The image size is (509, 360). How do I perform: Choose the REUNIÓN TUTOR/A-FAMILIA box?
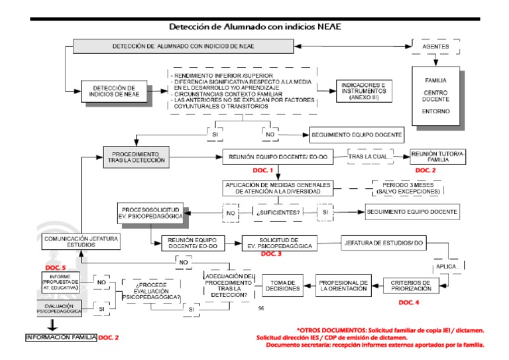438,156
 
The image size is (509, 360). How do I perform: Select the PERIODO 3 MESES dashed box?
407,187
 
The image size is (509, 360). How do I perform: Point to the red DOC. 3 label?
271,254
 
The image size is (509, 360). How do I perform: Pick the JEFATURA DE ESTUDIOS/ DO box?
384,243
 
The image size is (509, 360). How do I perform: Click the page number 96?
260,308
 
